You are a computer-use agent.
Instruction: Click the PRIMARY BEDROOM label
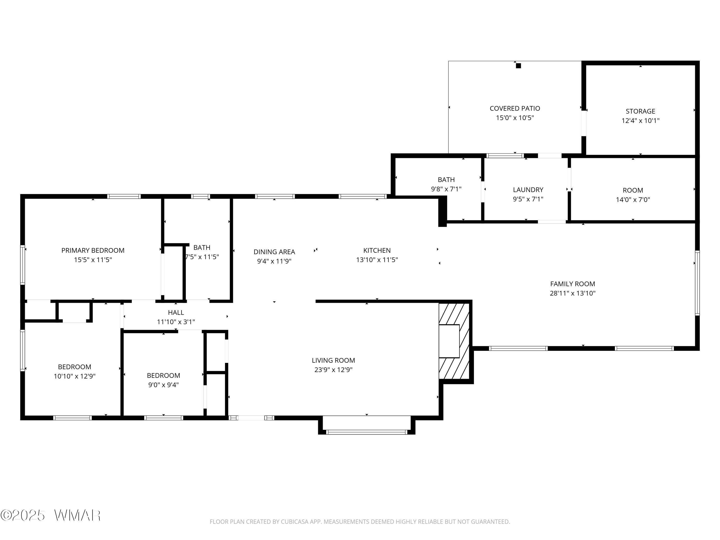(93, 250)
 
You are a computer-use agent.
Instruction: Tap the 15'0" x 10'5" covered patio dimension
(515, 118)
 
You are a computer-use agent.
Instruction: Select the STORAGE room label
(640, 111)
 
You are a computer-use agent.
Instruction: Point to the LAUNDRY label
(528, 190)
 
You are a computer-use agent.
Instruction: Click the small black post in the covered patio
(518, 66)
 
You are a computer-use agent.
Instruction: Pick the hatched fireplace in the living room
(454, 341)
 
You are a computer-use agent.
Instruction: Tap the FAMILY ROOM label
(573, 284)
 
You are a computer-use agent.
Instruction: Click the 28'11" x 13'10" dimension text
(573, 293)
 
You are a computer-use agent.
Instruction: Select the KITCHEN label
(377, 250)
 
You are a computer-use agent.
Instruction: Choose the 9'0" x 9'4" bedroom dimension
(163, 385)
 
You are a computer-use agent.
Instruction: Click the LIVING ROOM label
(333, 360)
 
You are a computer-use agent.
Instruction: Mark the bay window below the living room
(366, 432)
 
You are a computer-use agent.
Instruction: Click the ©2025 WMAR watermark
(50, 515)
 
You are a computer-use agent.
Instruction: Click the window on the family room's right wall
(697, 283)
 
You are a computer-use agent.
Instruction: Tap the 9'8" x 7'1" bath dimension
(446, 189)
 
